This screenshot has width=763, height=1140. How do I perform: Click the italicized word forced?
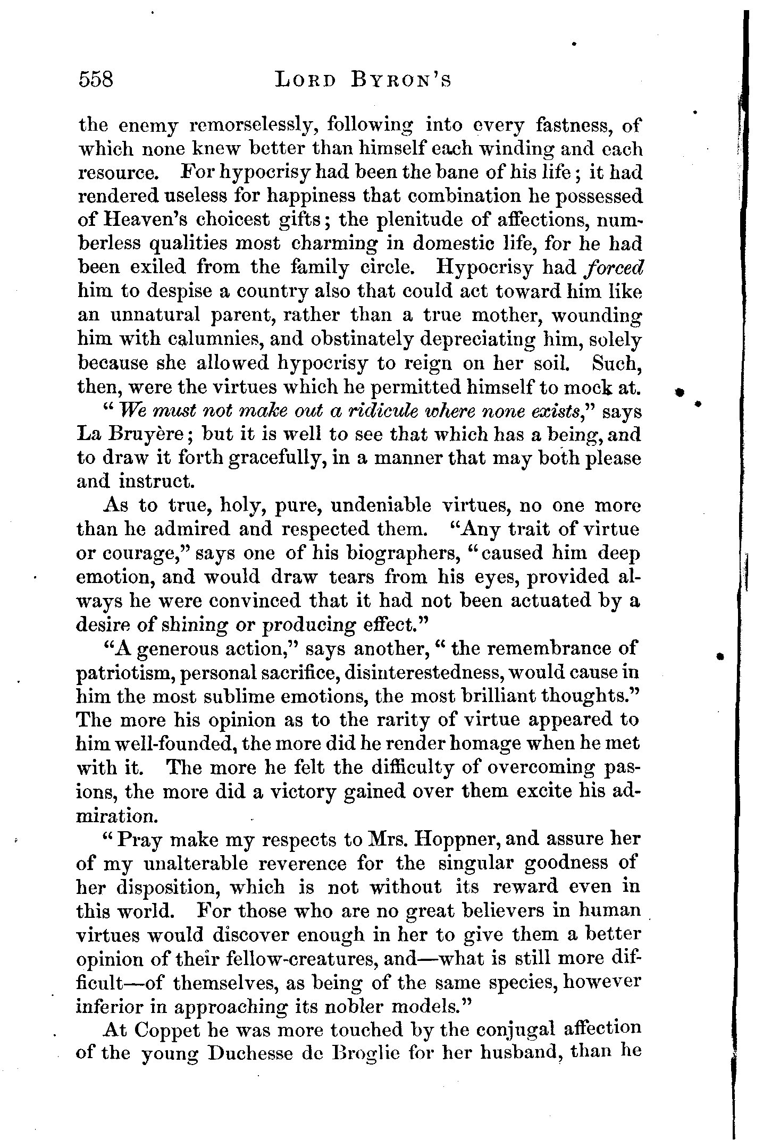pos(612,267)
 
